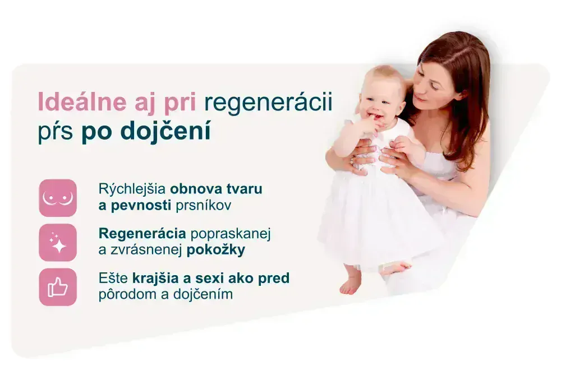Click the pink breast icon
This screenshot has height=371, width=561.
(58, 198)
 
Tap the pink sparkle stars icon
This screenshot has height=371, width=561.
(58, 243)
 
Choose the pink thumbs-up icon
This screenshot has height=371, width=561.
(58, 287)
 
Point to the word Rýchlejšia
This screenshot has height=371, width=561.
(132, 188)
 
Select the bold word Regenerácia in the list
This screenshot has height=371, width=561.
(142, 233)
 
